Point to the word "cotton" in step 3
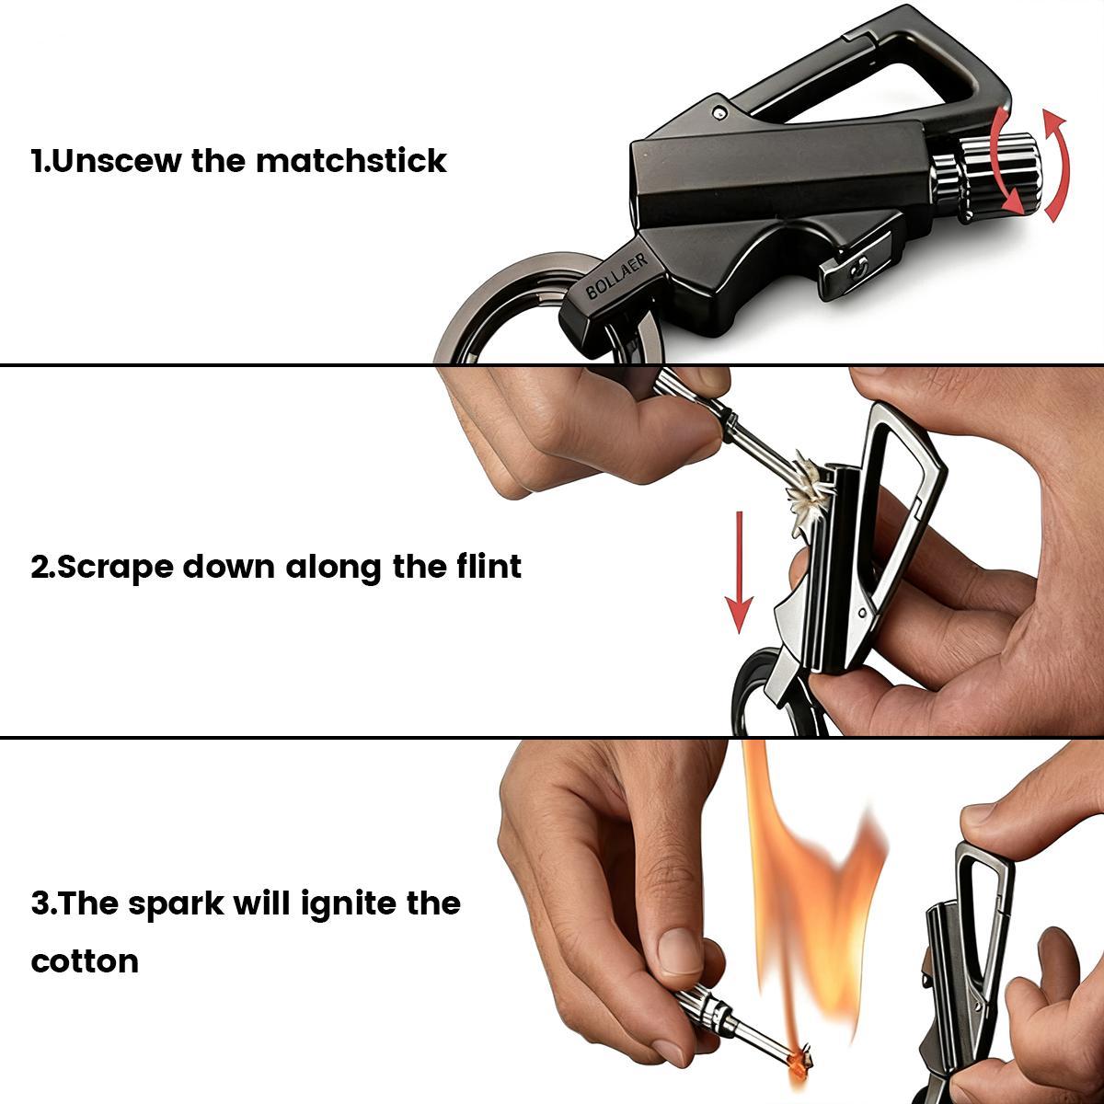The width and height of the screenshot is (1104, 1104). coord(85,961)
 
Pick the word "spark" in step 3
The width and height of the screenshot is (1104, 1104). coord(176,903)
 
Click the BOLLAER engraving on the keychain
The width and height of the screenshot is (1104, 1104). coord(617,276)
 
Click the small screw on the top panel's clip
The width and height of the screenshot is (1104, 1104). coord(857,269)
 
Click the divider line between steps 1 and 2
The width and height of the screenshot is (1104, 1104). coord(552,365)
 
